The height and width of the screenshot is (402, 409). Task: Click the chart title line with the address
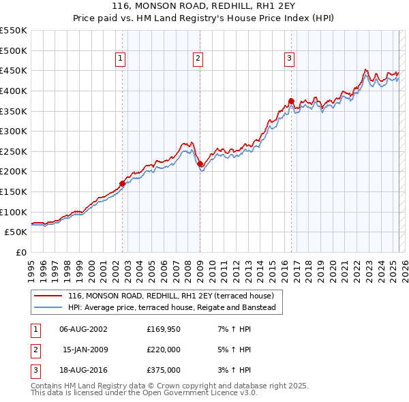click(204, 5)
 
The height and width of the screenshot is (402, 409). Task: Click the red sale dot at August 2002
click(123, 183)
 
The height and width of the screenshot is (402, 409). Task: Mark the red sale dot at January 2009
click(200, 164)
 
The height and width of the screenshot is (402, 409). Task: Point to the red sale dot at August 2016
click(291, 101)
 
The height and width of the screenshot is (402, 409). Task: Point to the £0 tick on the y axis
click(20, 252)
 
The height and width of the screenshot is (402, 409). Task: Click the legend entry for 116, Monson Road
click(170, 296)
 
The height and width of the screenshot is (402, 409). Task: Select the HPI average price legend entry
click(171, 308)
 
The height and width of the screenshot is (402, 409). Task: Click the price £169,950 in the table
click(164, 329)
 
